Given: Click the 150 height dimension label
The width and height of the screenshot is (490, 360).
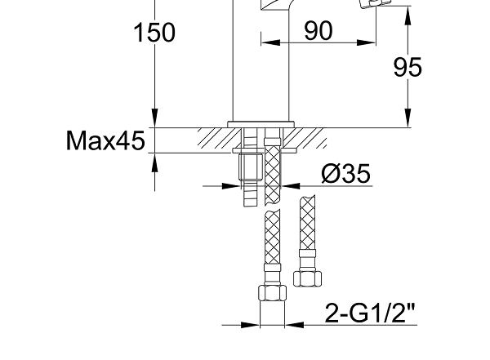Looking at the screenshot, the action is coord(154,33).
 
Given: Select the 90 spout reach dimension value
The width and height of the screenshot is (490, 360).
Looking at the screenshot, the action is coord(318,31).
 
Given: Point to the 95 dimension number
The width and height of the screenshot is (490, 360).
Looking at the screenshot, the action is coord(408,67).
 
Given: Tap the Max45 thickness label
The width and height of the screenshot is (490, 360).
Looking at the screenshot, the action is coord(105,140).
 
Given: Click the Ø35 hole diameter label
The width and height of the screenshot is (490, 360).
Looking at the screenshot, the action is coord(346,173).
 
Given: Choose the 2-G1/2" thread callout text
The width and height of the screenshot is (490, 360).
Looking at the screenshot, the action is coord(370,313).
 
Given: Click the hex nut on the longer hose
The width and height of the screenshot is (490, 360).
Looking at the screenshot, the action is coord(273,293).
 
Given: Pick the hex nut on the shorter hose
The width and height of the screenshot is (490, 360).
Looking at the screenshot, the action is coord(308,278).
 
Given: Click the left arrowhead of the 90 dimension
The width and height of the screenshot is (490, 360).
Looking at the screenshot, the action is coord(270,42).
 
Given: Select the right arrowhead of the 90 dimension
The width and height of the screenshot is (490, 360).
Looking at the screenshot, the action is coord(366,42).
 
